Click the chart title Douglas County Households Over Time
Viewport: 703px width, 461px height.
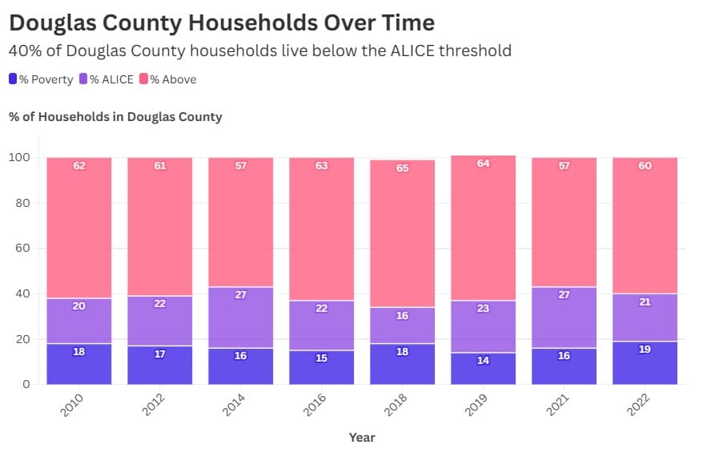click(x=222, y=22)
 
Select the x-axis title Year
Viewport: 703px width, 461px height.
click(x=362, y=438)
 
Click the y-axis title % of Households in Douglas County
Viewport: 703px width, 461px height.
click(x=115, y=117)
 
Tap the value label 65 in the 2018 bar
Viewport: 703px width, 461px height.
click(x=402, y=168)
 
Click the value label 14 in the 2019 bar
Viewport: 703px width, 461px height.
click(x=483, y=361)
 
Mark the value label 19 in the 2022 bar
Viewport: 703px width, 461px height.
click(x=645, y=350)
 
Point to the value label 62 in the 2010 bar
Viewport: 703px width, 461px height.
click(x=79, y=166)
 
